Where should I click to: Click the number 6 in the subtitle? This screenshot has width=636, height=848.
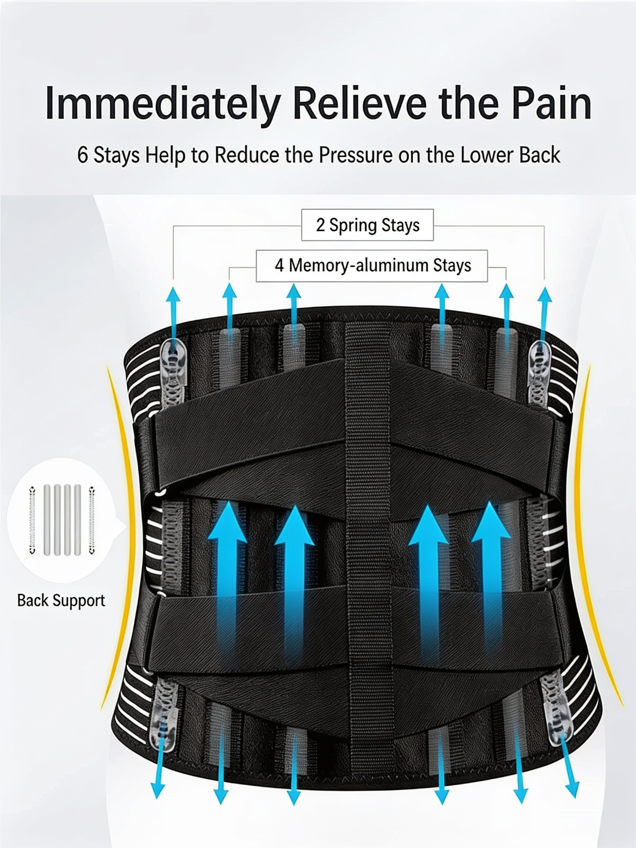pos(83,155)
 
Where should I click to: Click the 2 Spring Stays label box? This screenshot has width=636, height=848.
pos(367,225)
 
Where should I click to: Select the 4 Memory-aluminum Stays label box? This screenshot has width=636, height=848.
pos(372,266)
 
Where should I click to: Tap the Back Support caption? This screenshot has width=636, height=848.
pos(61,600)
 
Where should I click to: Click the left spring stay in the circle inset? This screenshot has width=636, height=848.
pos(32,520)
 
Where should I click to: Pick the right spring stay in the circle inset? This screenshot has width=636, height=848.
pos(92,520)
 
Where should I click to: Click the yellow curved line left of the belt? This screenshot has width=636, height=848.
pos(123,537)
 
